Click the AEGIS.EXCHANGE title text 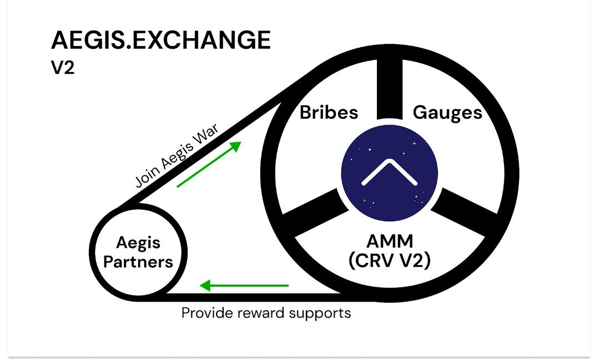pyautogui.click(x=160, y=40)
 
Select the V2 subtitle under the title pyautogui.click(x=63, y=68)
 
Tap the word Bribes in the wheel pyautogui.click(x=329, y=113)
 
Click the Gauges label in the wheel pyautogui.click(x=447, y=113)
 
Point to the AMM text pyautogui.click(x=390, y=241)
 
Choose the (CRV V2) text pyautogui.click(x=390, y=260)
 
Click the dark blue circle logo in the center pyautogui.click(x=390, y=174)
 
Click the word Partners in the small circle pyautogui.click(x=138, y=262)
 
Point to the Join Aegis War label pyautogui.click(x=178, y=156)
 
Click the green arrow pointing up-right pyautogui.click(x=209, y=164)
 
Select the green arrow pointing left pyautogui.click(x=244, y=286)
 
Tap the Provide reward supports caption pyautogui.click(x=266, y=313)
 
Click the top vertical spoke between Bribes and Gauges pyautogui.click(x=390, y=89)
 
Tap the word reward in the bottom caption pyautogui.click(x=261, y=313)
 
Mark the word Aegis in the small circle pyautogui.click(x=138, y=243)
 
